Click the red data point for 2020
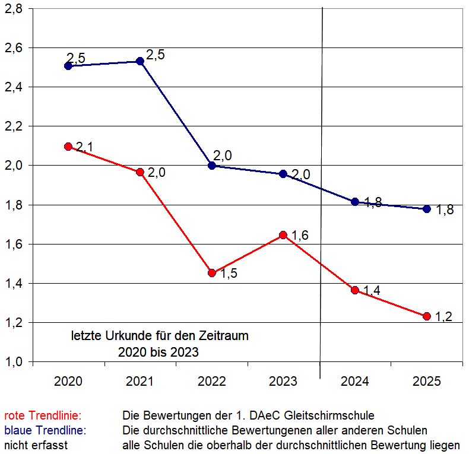point(68,147)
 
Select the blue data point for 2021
point(140,61)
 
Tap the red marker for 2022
point(212,273)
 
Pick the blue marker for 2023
point(283,174)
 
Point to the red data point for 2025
point(426,316)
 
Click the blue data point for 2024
point(355,202)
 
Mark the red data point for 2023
point(283,235)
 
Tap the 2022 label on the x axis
point(212,382)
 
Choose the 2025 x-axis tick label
point(426,382)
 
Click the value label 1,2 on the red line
point(443,317)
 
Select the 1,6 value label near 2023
point(300,236)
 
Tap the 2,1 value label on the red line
point(85,146)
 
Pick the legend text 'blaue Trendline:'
point(45,430)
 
